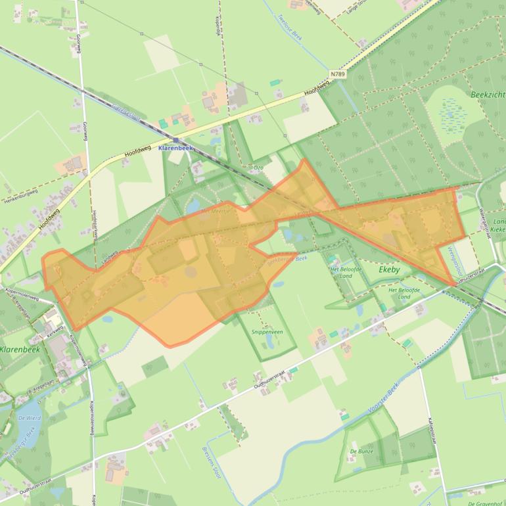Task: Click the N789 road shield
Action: tap(338, 74)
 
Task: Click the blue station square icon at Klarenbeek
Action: tap(176, 140)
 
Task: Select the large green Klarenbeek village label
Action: tap(20, 350)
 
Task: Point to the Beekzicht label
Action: tap(488, 95)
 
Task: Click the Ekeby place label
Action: tap(389, 270)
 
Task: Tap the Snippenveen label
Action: tap(267, 332)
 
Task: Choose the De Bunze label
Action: tap(361, 451)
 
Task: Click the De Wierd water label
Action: tap(30, 419)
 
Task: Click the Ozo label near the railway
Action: tap(258, 168)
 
